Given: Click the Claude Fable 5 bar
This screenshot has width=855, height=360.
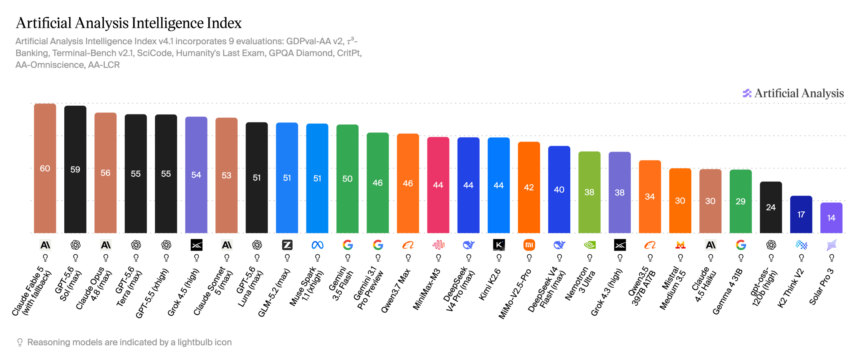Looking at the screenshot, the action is coord(45,168).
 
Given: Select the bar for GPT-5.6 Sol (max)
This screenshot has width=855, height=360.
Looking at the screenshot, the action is coord(75,169).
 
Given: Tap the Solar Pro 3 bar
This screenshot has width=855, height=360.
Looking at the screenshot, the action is coord(831,218).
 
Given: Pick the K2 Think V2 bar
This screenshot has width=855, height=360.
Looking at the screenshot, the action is coord(801,214).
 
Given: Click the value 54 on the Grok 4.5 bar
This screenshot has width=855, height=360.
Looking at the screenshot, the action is coord(196,175).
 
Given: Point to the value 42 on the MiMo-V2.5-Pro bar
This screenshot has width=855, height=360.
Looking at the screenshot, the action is coord(529,188).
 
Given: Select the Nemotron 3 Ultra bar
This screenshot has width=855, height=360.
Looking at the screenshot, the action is coord(589,192).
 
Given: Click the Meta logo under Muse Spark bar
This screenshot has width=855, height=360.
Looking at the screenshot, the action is coord(317,245).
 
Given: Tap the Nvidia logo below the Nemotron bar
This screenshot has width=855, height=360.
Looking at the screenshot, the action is coord(589,245).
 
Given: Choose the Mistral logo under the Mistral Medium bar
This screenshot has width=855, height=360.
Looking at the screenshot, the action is coord(680,245).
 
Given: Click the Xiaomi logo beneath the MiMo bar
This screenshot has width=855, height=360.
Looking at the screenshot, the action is coord(529,245).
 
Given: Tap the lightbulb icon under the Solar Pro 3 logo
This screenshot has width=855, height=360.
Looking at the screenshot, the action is coord(832,258).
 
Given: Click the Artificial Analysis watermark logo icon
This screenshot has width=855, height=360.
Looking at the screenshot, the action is coord(747,93).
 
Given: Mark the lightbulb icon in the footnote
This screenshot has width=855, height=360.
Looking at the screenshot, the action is coord(20,342).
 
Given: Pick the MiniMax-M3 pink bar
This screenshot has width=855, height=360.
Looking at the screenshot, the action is coord(438,185).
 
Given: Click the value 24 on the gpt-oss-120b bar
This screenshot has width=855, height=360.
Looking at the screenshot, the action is coord(771,208).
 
